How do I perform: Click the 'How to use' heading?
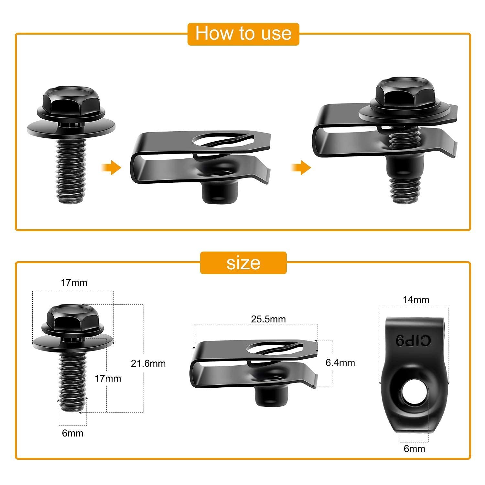pyautogui.click(x=243, y=34)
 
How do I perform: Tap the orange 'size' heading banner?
pyautogui.click(x=243, y=263)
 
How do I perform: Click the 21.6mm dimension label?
pyautogui.click(x=148, y=363)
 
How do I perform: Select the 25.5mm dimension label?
pyautogui.click(x=268, y=319)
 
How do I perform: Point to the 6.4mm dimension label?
pyautogui.click(x=340, y=363)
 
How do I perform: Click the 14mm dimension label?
pyautogui.click(x=416, y=300)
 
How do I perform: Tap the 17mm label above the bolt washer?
pyautogui.click(x=74, y=283)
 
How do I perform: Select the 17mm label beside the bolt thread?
pyautogui.click(x=108, y=378)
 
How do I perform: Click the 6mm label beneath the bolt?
pyautogui.click(x=73, y=433)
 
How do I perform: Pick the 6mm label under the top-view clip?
pyautogui.click(x=414, y=448)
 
